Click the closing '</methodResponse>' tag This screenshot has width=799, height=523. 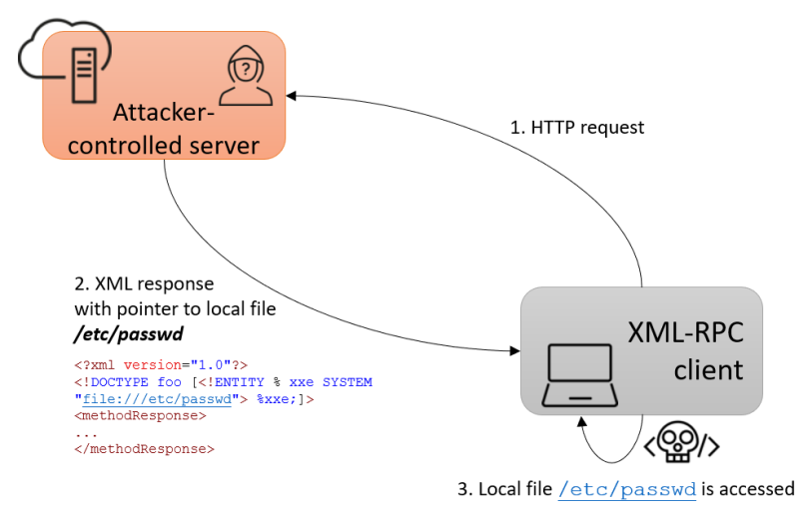tap(144, 450)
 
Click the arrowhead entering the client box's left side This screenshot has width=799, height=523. tap(513, 350)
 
